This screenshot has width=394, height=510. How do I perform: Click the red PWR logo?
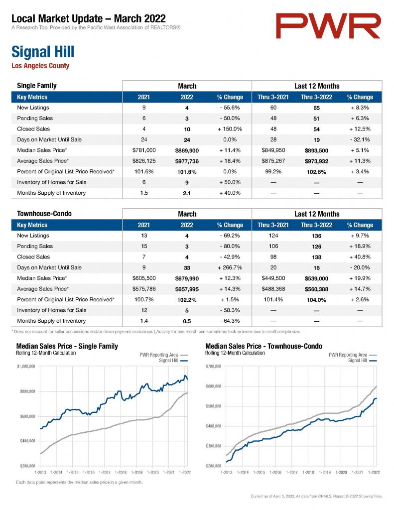[328, 26]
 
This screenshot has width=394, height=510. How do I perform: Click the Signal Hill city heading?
[43, 52]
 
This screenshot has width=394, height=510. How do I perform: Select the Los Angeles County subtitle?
[40, 66]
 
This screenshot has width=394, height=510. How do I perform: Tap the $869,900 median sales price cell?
[187, 150]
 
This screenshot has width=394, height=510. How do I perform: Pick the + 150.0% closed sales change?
[230, 129]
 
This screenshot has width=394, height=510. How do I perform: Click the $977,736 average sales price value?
[187, 161]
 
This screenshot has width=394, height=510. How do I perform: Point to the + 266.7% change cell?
[230, 267]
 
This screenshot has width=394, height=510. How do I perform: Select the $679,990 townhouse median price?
[187, 278]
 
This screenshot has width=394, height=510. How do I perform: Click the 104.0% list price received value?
[317, 300]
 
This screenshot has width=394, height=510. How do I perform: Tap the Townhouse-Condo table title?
[44, 214]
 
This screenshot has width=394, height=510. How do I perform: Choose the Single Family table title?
[37, 86]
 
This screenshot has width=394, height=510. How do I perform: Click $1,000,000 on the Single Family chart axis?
[26, 366]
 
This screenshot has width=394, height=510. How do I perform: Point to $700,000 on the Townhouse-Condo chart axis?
[213, 366]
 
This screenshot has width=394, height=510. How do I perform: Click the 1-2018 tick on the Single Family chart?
[121, 472]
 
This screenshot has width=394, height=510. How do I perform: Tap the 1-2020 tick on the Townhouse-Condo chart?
[341, 472]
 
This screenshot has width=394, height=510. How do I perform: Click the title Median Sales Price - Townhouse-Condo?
[263, 346]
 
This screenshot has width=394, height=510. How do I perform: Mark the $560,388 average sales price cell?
[317, 289]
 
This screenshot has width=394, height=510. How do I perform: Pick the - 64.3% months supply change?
[230, 321]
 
